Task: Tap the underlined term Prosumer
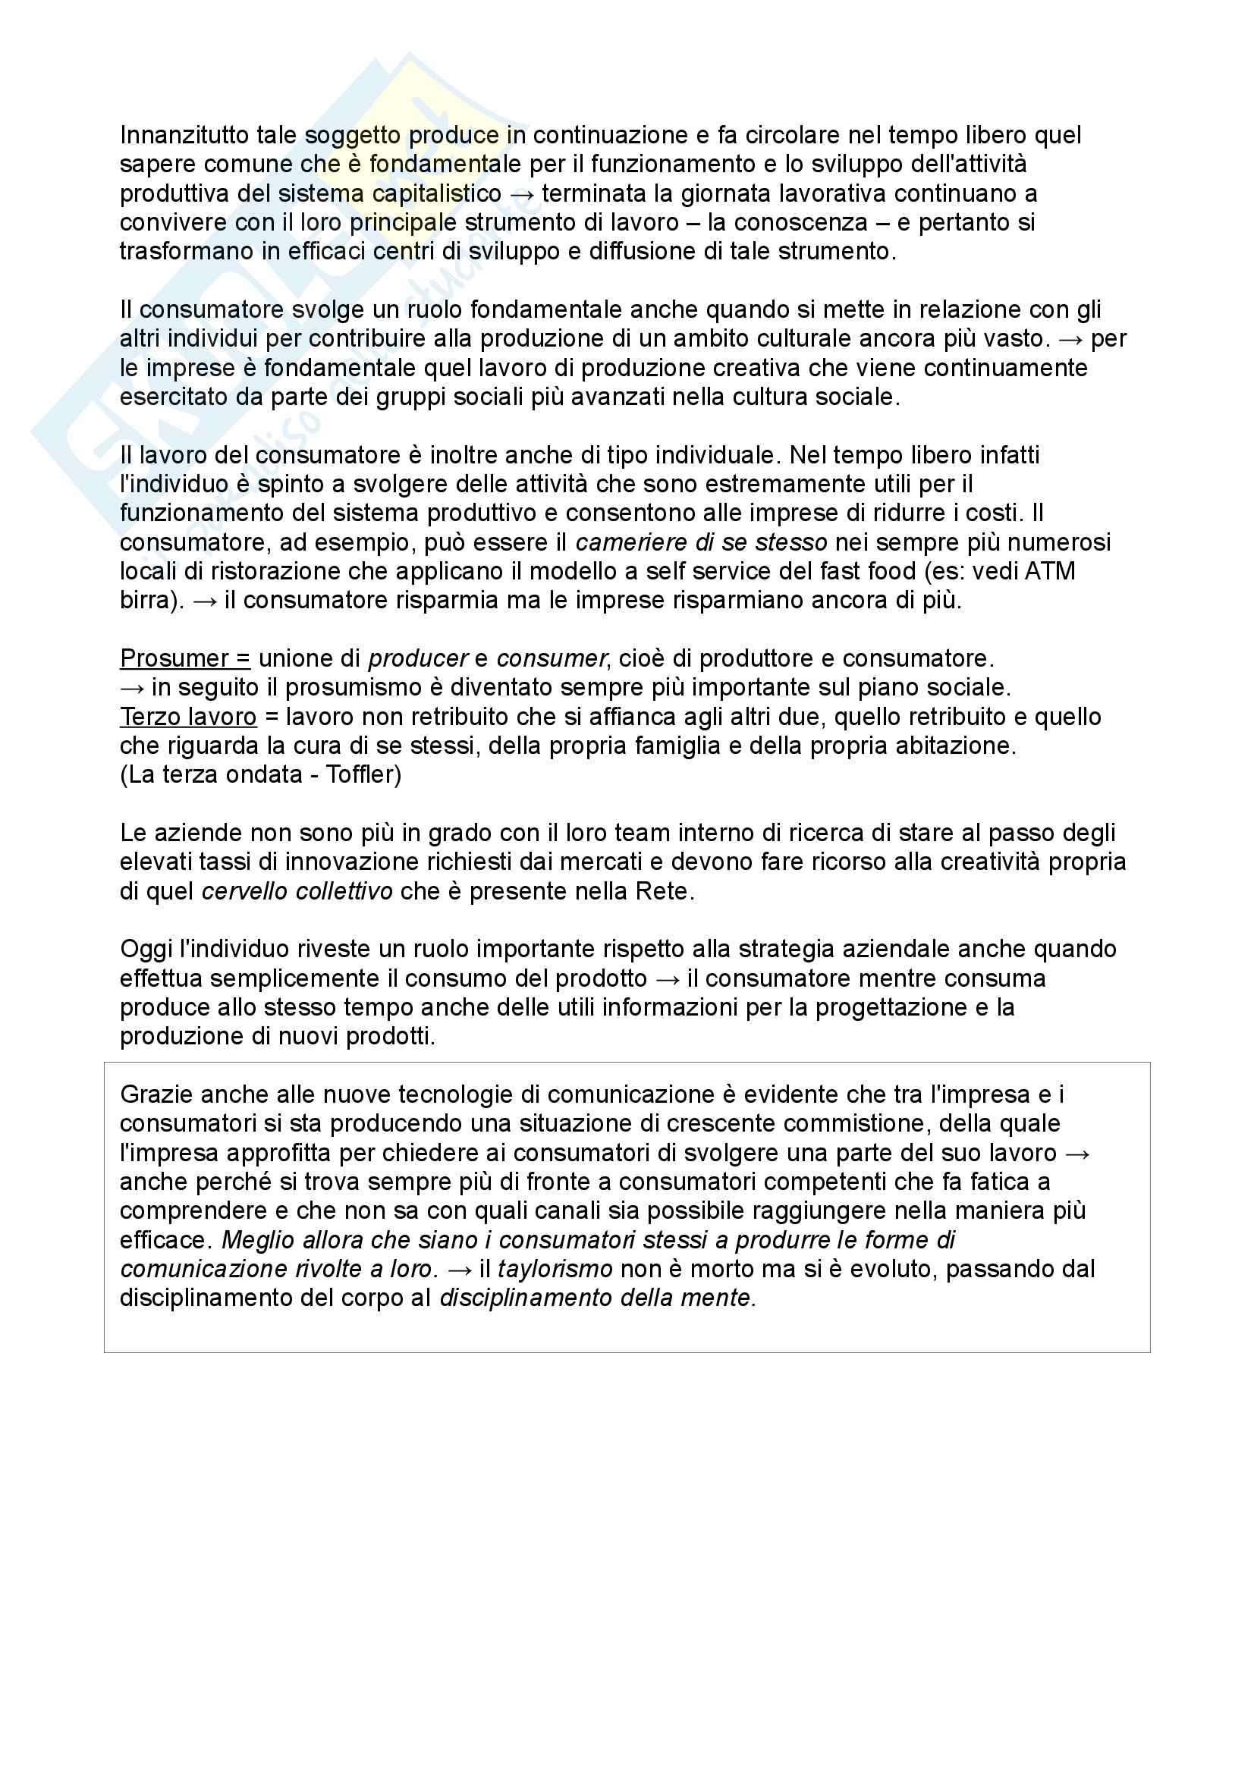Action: [174, 658]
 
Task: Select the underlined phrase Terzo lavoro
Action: [187, 717]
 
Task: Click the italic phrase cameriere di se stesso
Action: [701, 542]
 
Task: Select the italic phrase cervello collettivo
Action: [297, 892]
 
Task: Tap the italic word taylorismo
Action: [555, 1270]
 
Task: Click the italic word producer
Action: [418, 658]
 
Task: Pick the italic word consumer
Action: [551, 658]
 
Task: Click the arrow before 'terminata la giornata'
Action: [521, 194]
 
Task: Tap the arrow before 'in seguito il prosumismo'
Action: [132, 688]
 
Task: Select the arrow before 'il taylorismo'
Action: [459, 1270]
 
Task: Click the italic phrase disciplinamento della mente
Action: [596, 1298]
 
